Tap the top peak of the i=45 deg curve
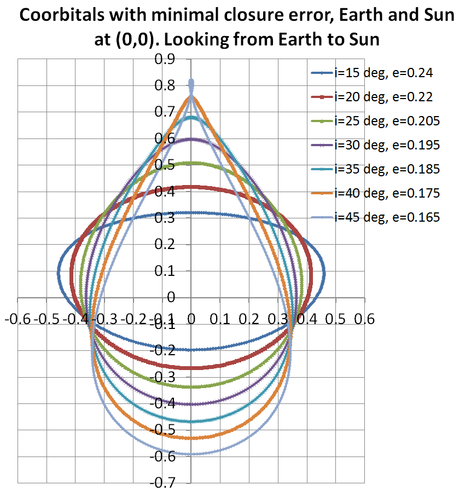pos(191,82)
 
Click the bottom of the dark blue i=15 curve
pos(191,349)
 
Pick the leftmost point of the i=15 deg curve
pos(58,272)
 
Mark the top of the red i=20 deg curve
pos(191,187)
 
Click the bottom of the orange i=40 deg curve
pos(191,437)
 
